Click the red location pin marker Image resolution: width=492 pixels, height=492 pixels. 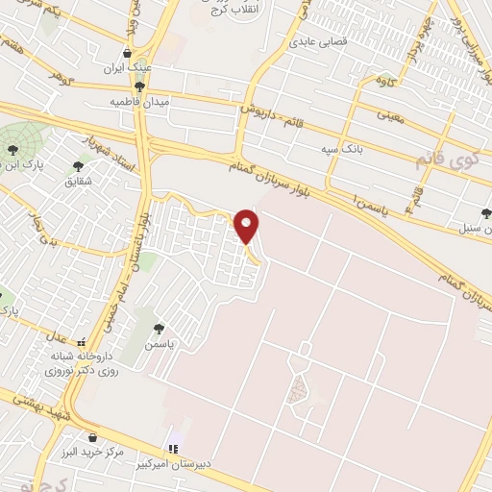point(247,226)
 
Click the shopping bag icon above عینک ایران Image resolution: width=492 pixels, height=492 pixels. point(129,53)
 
